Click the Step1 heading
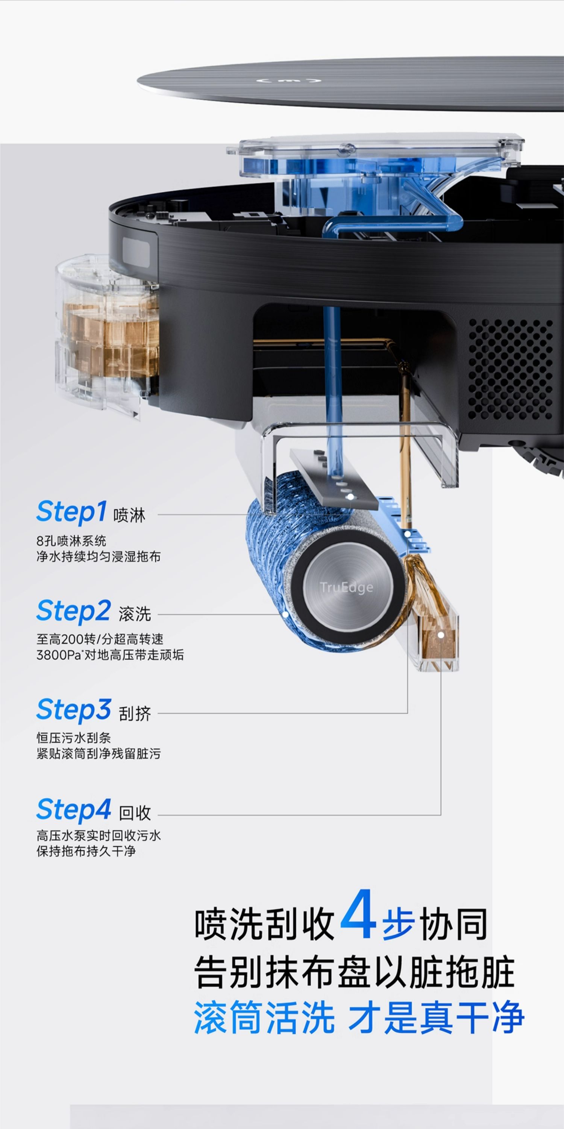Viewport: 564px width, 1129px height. [x=71, y=512]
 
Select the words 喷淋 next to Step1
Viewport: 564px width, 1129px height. [x=129, y=515]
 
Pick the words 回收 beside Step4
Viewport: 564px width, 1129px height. [x=135, y=813]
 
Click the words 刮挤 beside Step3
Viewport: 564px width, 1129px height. [x=135, y=714]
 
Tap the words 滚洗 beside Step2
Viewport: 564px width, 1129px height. [x=135, y=615]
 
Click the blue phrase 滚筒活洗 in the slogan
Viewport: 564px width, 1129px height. [x=264, y=1017]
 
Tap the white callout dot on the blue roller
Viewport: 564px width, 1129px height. [x=285, y=614]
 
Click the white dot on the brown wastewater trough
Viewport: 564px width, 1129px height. [x=441, y=634]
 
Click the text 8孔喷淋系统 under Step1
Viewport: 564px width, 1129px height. [x=71, y=540]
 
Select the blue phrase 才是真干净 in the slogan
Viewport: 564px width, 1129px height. [x=437, y=1017]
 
